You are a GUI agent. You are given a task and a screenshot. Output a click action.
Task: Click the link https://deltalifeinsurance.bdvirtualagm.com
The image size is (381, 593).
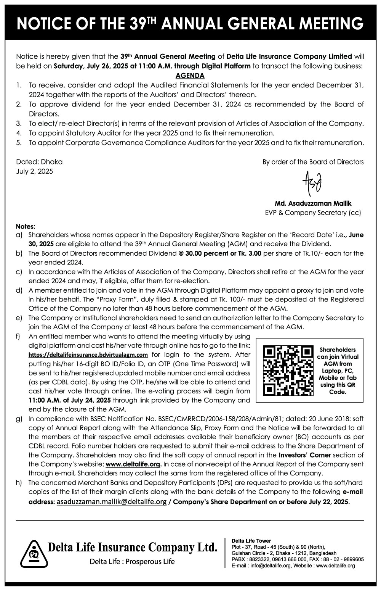[88, 355]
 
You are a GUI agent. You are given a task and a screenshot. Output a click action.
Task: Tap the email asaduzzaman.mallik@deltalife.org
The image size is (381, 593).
[111, 502]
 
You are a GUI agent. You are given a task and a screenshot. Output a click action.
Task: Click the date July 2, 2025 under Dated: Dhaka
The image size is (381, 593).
[35, 171]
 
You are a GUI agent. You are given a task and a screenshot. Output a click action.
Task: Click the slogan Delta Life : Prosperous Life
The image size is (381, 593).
[132, 562]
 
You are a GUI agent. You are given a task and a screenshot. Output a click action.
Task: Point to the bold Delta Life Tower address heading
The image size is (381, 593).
[251, 541]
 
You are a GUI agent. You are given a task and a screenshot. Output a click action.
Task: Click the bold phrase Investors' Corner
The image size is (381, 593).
[304, 455]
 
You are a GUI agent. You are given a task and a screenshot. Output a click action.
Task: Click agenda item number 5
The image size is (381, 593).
[19, 143]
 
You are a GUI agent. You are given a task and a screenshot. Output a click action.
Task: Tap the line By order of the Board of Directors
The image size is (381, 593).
[313, 162]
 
